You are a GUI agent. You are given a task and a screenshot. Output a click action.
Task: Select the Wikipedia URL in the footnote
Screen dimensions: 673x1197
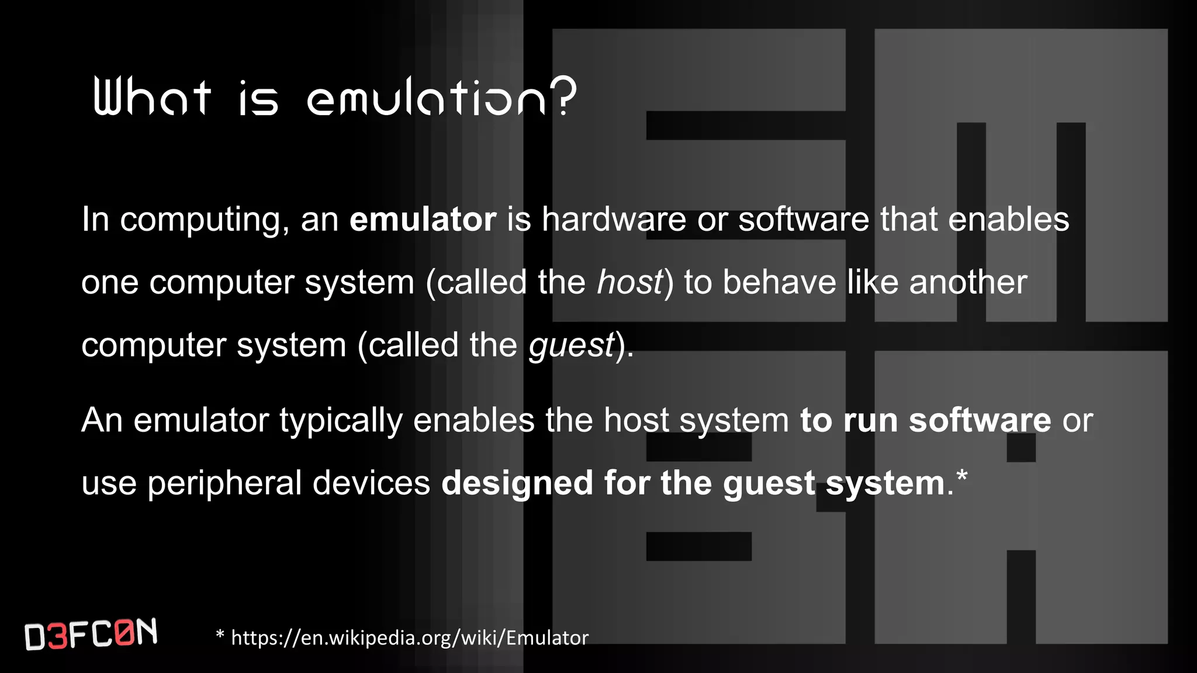tap(410, 637)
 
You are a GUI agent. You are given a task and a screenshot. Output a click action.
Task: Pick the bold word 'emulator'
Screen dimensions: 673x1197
tap(423, 219)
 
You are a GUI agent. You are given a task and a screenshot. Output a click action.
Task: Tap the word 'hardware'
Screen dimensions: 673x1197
tap(614, 219)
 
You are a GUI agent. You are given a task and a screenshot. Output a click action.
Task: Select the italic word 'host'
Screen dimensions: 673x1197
tap(629, 282)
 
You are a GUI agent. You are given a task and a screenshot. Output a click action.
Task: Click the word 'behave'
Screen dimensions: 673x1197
tap(779, 282)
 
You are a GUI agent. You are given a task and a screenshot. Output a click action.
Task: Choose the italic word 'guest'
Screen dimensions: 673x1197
tap(571, 346)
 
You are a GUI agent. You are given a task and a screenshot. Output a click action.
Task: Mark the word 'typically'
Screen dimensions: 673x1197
tap(341, 421)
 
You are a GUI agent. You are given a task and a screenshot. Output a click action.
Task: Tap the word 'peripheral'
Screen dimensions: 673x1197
tap(224, 484)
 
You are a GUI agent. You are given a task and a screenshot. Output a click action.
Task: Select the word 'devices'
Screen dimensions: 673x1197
tap(371, 483)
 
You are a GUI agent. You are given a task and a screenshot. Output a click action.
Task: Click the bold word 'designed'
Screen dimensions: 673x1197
tap(517, 484)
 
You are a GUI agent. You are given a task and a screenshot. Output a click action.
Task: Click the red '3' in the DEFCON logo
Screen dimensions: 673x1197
tap(57, 637)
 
